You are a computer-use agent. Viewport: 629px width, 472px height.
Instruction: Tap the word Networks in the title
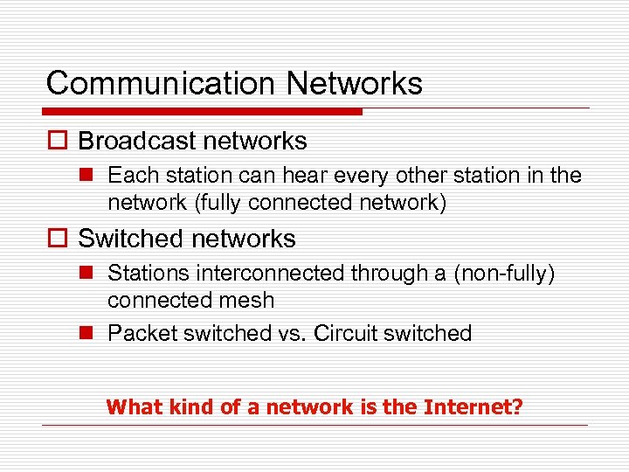[355, 84]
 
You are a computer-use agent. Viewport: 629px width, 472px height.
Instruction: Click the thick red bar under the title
[204, 112]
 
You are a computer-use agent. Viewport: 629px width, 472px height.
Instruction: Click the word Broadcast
[134, 142]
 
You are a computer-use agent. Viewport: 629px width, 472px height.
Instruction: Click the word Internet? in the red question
[472, 407]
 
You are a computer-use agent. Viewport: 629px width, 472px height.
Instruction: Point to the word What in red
[130, 407]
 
